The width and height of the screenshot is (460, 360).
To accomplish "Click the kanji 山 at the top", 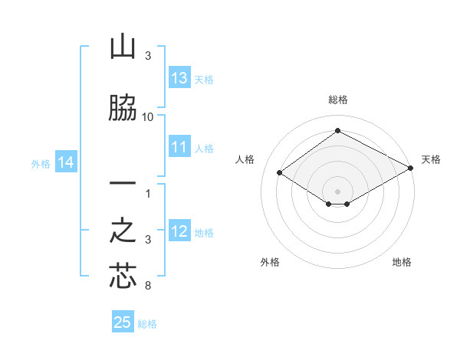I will tap(123, 47).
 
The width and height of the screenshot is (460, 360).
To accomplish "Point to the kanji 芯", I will tap(123, 277).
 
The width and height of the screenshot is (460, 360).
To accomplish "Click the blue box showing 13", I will tap(179, 78).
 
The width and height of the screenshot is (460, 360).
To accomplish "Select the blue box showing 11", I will tap(179, 148).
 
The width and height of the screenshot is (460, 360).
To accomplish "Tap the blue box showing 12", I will tap(179, 232).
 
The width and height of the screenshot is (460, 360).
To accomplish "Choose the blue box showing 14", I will tap(66, 162).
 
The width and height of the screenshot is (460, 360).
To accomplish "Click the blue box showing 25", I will tap(123, 322).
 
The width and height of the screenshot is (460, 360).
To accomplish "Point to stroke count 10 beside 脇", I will tap(148, 116).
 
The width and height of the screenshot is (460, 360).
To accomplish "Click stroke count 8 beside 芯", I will tap(147, 286).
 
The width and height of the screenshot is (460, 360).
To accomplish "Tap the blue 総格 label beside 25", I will tap(147, 324).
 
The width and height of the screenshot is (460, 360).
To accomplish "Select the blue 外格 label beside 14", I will tap(41, 163).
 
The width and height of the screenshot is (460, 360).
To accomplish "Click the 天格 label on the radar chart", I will tap(431, 159).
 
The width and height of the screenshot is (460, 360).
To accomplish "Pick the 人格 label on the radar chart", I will tap(245, 159).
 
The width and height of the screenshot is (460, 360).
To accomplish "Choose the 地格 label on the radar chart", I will tap(402, 262).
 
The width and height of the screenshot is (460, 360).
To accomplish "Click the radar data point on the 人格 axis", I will tap(280, 173).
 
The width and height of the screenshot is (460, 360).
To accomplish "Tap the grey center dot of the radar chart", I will tap(337, 190).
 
